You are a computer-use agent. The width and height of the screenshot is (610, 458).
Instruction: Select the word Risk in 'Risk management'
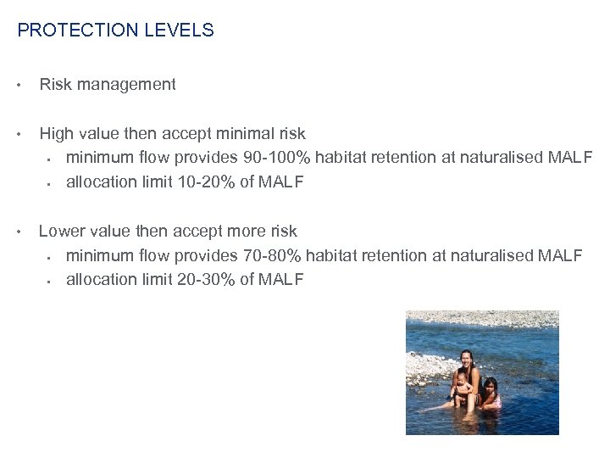pyautogui.click(x=54, y=84)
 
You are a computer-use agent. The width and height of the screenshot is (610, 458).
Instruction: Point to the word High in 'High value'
pyautogui.click(x=57, y=133)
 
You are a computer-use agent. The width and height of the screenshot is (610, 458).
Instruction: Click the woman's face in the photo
pyautogui.click(x=467, y=359)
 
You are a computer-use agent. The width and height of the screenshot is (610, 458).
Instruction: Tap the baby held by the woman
pyautogui.click(x=461, y=386)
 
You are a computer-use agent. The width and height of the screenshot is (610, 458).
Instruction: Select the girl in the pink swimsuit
pyautogui.click(x=490, y=392)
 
